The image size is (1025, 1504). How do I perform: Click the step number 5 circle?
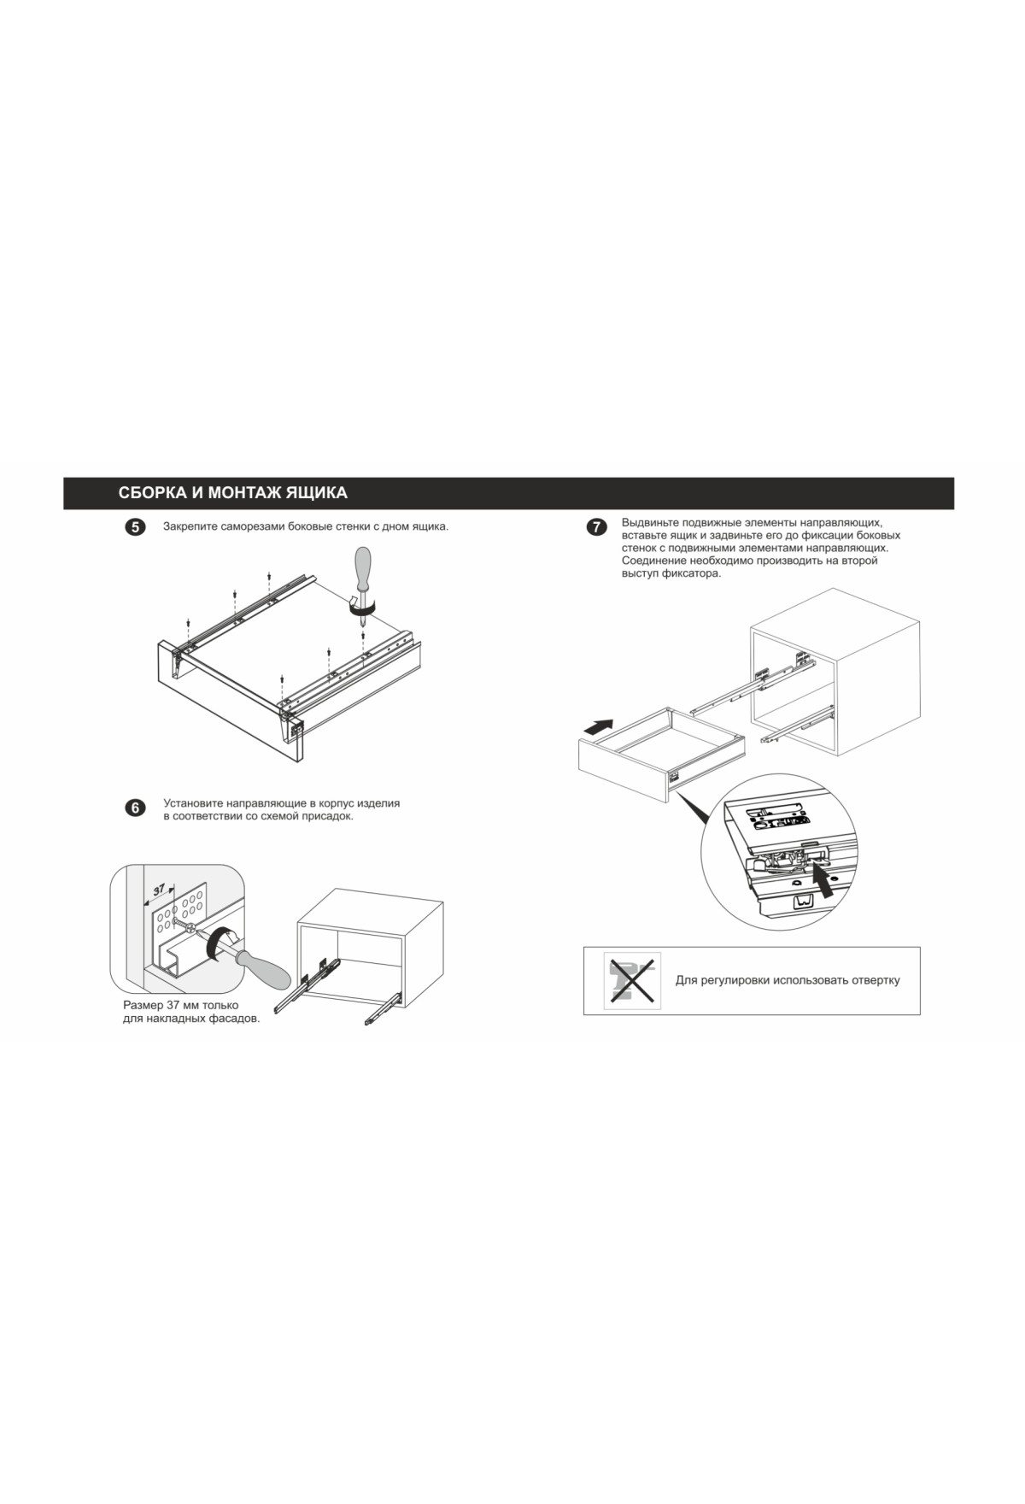[x=135, y=527]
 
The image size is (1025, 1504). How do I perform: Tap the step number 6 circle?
[x=135, y=808]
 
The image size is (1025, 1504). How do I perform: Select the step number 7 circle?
[x=596, y=527]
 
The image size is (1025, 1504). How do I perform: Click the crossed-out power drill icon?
[x=632, y=980]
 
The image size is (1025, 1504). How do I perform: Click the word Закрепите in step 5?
[x=189, y=526]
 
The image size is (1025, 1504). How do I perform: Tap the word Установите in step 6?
[x=191, y=803]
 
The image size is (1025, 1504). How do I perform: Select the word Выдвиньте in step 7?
[x=648, y=522]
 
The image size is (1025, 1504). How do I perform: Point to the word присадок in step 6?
[x=328, y=816]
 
